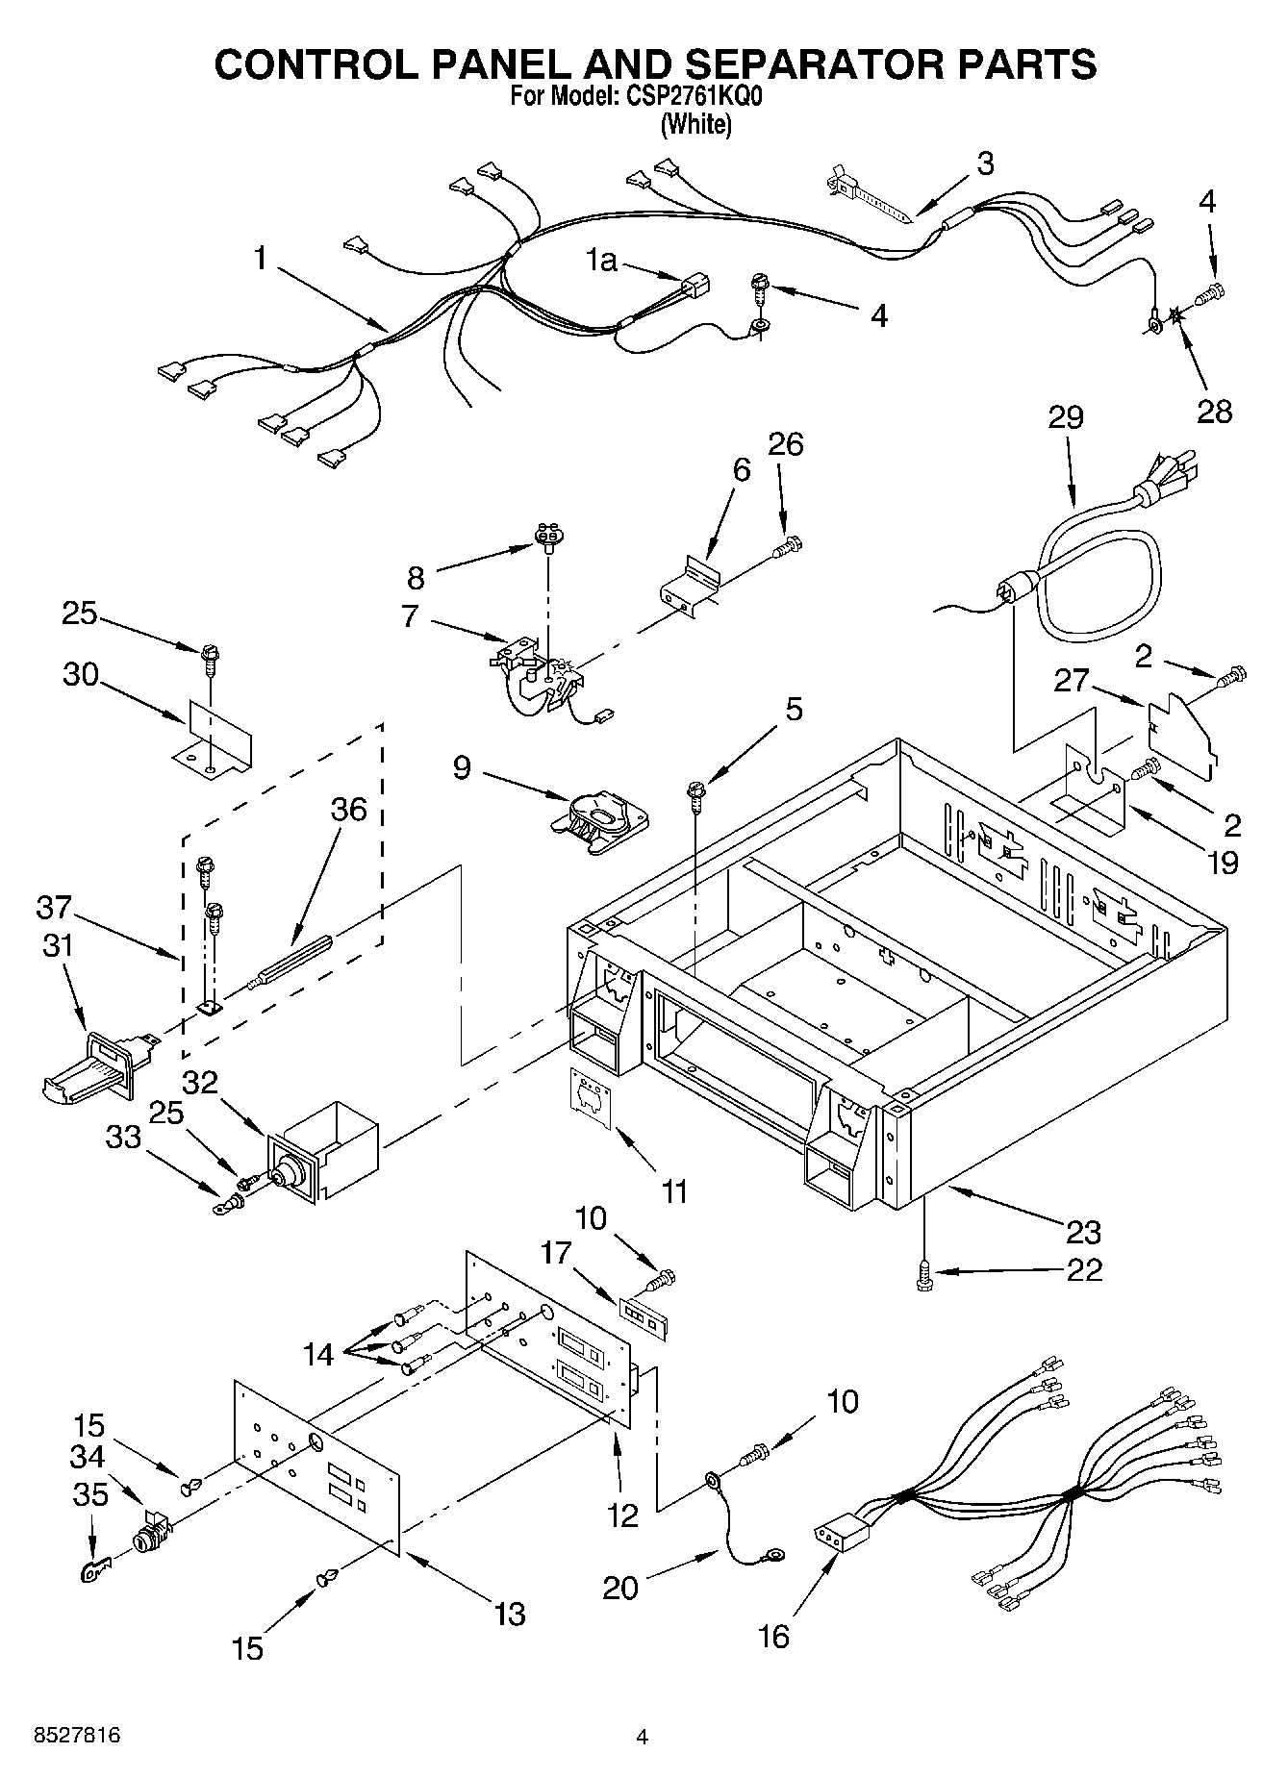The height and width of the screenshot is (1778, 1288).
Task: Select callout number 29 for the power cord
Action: coord(1065,417)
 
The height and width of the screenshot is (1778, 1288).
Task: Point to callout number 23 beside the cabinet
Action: coord(1083,1231)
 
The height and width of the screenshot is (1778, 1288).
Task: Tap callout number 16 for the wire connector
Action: coord(772,1636)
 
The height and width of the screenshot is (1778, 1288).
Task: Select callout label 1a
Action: coord(602,259)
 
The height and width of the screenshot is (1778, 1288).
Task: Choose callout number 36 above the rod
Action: coord(348,810)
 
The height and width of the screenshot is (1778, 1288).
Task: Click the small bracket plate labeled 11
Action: coord(592,1097)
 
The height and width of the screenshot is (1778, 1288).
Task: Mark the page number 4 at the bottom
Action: coord(643,1737)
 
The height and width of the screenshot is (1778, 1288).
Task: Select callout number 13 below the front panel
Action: coord(509,1614)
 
